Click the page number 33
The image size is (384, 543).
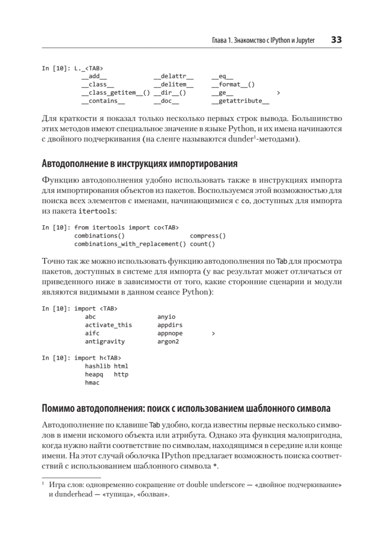[336, 40]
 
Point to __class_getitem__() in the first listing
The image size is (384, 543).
[116, 93]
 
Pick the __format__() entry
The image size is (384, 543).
[233, 85]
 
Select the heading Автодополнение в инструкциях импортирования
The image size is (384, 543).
[140, 163]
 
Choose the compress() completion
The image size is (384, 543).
[208, 236]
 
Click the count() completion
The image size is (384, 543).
[202, 244]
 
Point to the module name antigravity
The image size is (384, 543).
[105, 342]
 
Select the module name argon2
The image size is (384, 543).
[168, 342]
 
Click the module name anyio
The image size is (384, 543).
[166, 317]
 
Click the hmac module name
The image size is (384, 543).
[92, 382]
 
